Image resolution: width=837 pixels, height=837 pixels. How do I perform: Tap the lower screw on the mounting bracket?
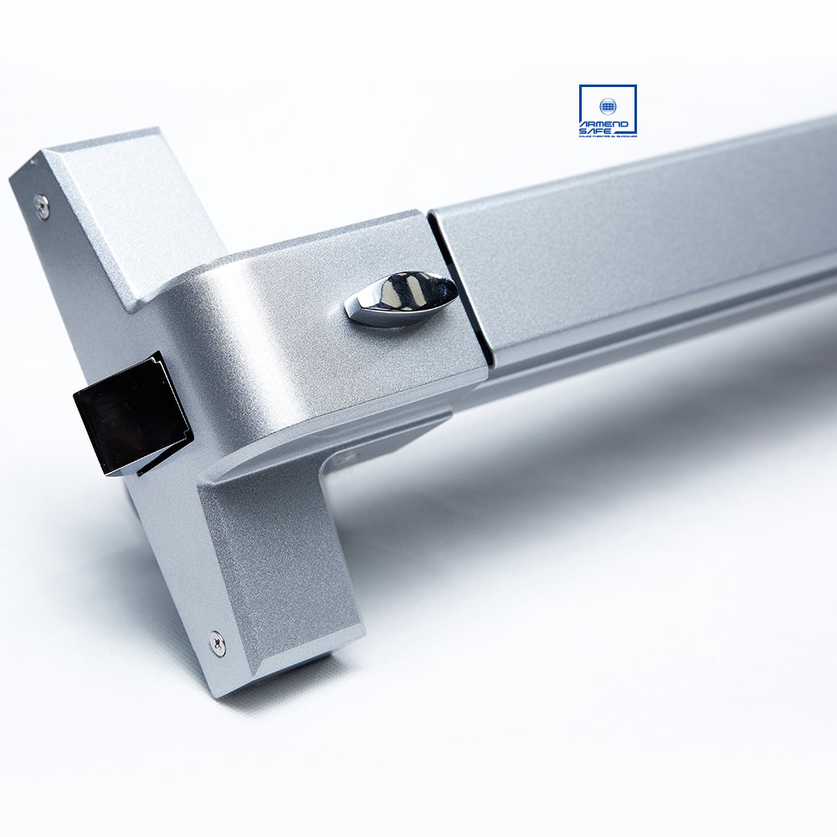point(216,644)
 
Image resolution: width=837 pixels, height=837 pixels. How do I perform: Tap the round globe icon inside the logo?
point(608,106)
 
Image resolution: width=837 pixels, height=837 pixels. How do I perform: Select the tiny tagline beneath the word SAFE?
point(608,136)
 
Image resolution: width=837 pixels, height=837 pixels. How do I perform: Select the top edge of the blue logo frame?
point(608,85)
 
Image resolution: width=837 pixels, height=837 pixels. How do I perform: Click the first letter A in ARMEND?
point(584,124)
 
